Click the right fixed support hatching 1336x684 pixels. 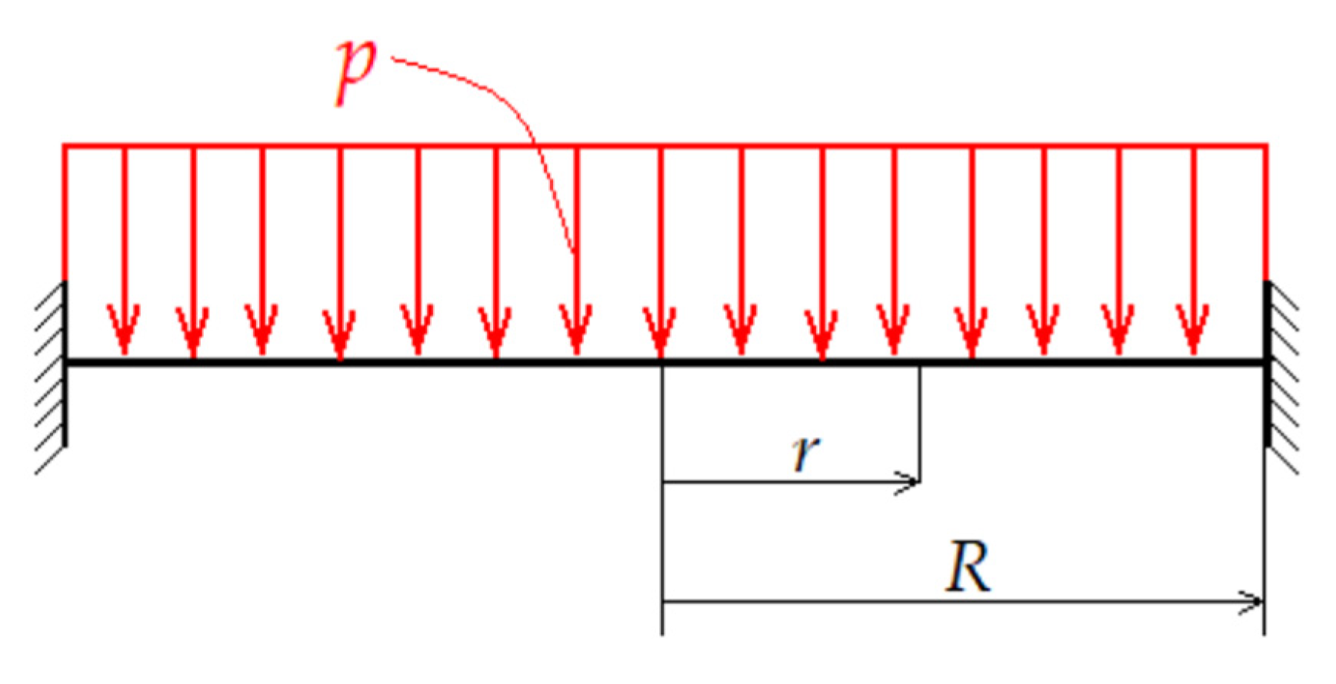coord(1281,377)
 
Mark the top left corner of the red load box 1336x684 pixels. coord(64,144)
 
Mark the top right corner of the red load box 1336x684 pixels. coord(1266,144)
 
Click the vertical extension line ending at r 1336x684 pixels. coord(919,423)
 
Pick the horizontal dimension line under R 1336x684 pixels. coord(961,601)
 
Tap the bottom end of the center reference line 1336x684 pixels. coord(662,633)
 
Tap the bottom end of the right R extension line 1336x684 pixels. coord(1264,633)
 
